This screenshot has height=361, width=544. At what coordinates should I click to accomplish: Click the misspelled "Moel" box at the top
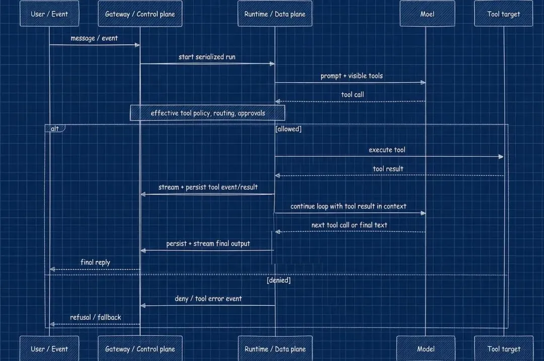click(427, 14)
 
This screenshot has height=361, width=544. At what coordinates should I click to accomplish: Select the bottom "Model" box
click(426, 348)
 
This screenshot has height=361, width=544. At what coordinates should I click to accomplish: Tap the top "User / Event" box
click(49, 14)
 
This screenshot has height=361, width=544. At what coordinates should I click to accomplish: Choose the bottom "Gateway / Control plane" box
click(140, 348)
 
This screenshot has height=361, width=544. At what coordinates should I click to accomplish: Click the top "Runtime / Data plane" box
click(275, 14)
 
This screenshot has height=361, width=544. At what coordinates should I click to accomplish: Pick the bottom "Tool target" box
click(504, 348)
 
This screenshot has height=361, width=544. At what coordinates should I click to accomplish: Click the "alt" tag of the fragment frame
click(55, 129)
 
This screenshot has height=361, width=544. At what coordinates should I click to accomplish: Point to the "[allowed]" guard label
click(288, 129)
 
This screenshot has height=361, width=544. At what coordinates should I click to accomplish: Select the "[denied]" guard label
click(279, 280)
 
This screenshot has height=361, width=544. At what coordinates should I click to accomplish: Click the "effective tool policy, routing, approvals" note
click(208, 113)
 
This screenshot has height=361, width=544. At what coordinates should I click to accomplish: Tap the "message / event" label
click(94, 38)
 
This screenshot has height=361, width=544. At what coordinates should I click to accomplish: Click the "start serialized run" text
click(207, 57)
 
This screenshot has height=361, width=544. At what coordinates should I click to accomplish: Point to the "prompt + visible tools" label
click(352, 76)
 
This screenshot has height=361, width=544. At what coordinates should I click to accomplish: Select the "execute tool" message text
click(387, 150)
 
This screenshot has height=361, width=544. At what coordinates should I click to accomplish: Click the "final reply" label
click(95, 262)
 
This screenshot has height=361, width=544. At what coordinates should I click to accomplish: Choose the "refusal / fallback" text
click(95, 317)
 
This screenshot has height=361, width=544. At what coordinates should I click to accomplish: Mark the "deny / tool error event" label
click(208, 298)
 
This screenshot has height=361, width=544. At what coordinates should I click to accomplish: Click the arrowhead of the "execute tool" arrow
click(501, 157)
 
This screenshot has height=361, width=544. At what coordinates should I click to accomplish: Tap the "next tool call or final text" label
click(349, 225)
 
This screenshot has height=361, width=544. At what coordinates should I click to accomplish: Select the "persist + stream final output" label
click(208, 244)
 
